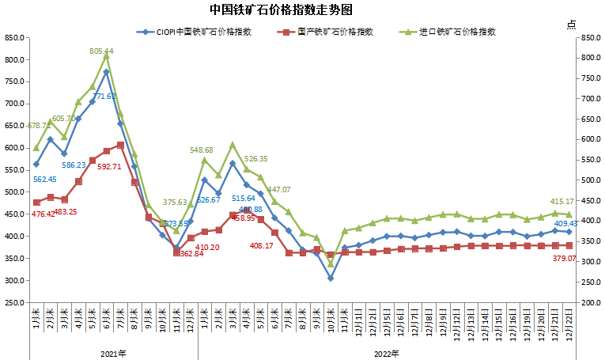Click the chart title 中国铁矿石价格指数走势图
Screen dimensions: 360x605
(x=303, y=10)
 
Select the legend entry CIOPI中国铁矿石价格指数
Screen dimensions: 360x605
(x=204, y=32)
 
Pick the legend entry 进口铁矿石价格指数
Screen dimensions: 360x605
(x=458, y=32)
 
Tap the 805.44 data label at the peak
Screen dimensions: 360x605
(x=101, y=51)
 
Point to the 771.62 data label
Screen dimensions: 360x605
(x=104, y=97)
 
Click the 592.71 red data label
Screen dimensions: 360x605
(x=109, y=167)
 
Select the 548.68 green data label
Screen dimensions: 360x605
(x=202, y=150)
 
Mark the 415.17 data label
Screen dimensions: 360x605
(x=562, y=203)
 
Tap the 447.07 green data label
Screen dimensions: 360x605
(x=278, y=190)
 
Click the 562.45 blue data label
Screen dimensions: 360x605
(x=44, y=179)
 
